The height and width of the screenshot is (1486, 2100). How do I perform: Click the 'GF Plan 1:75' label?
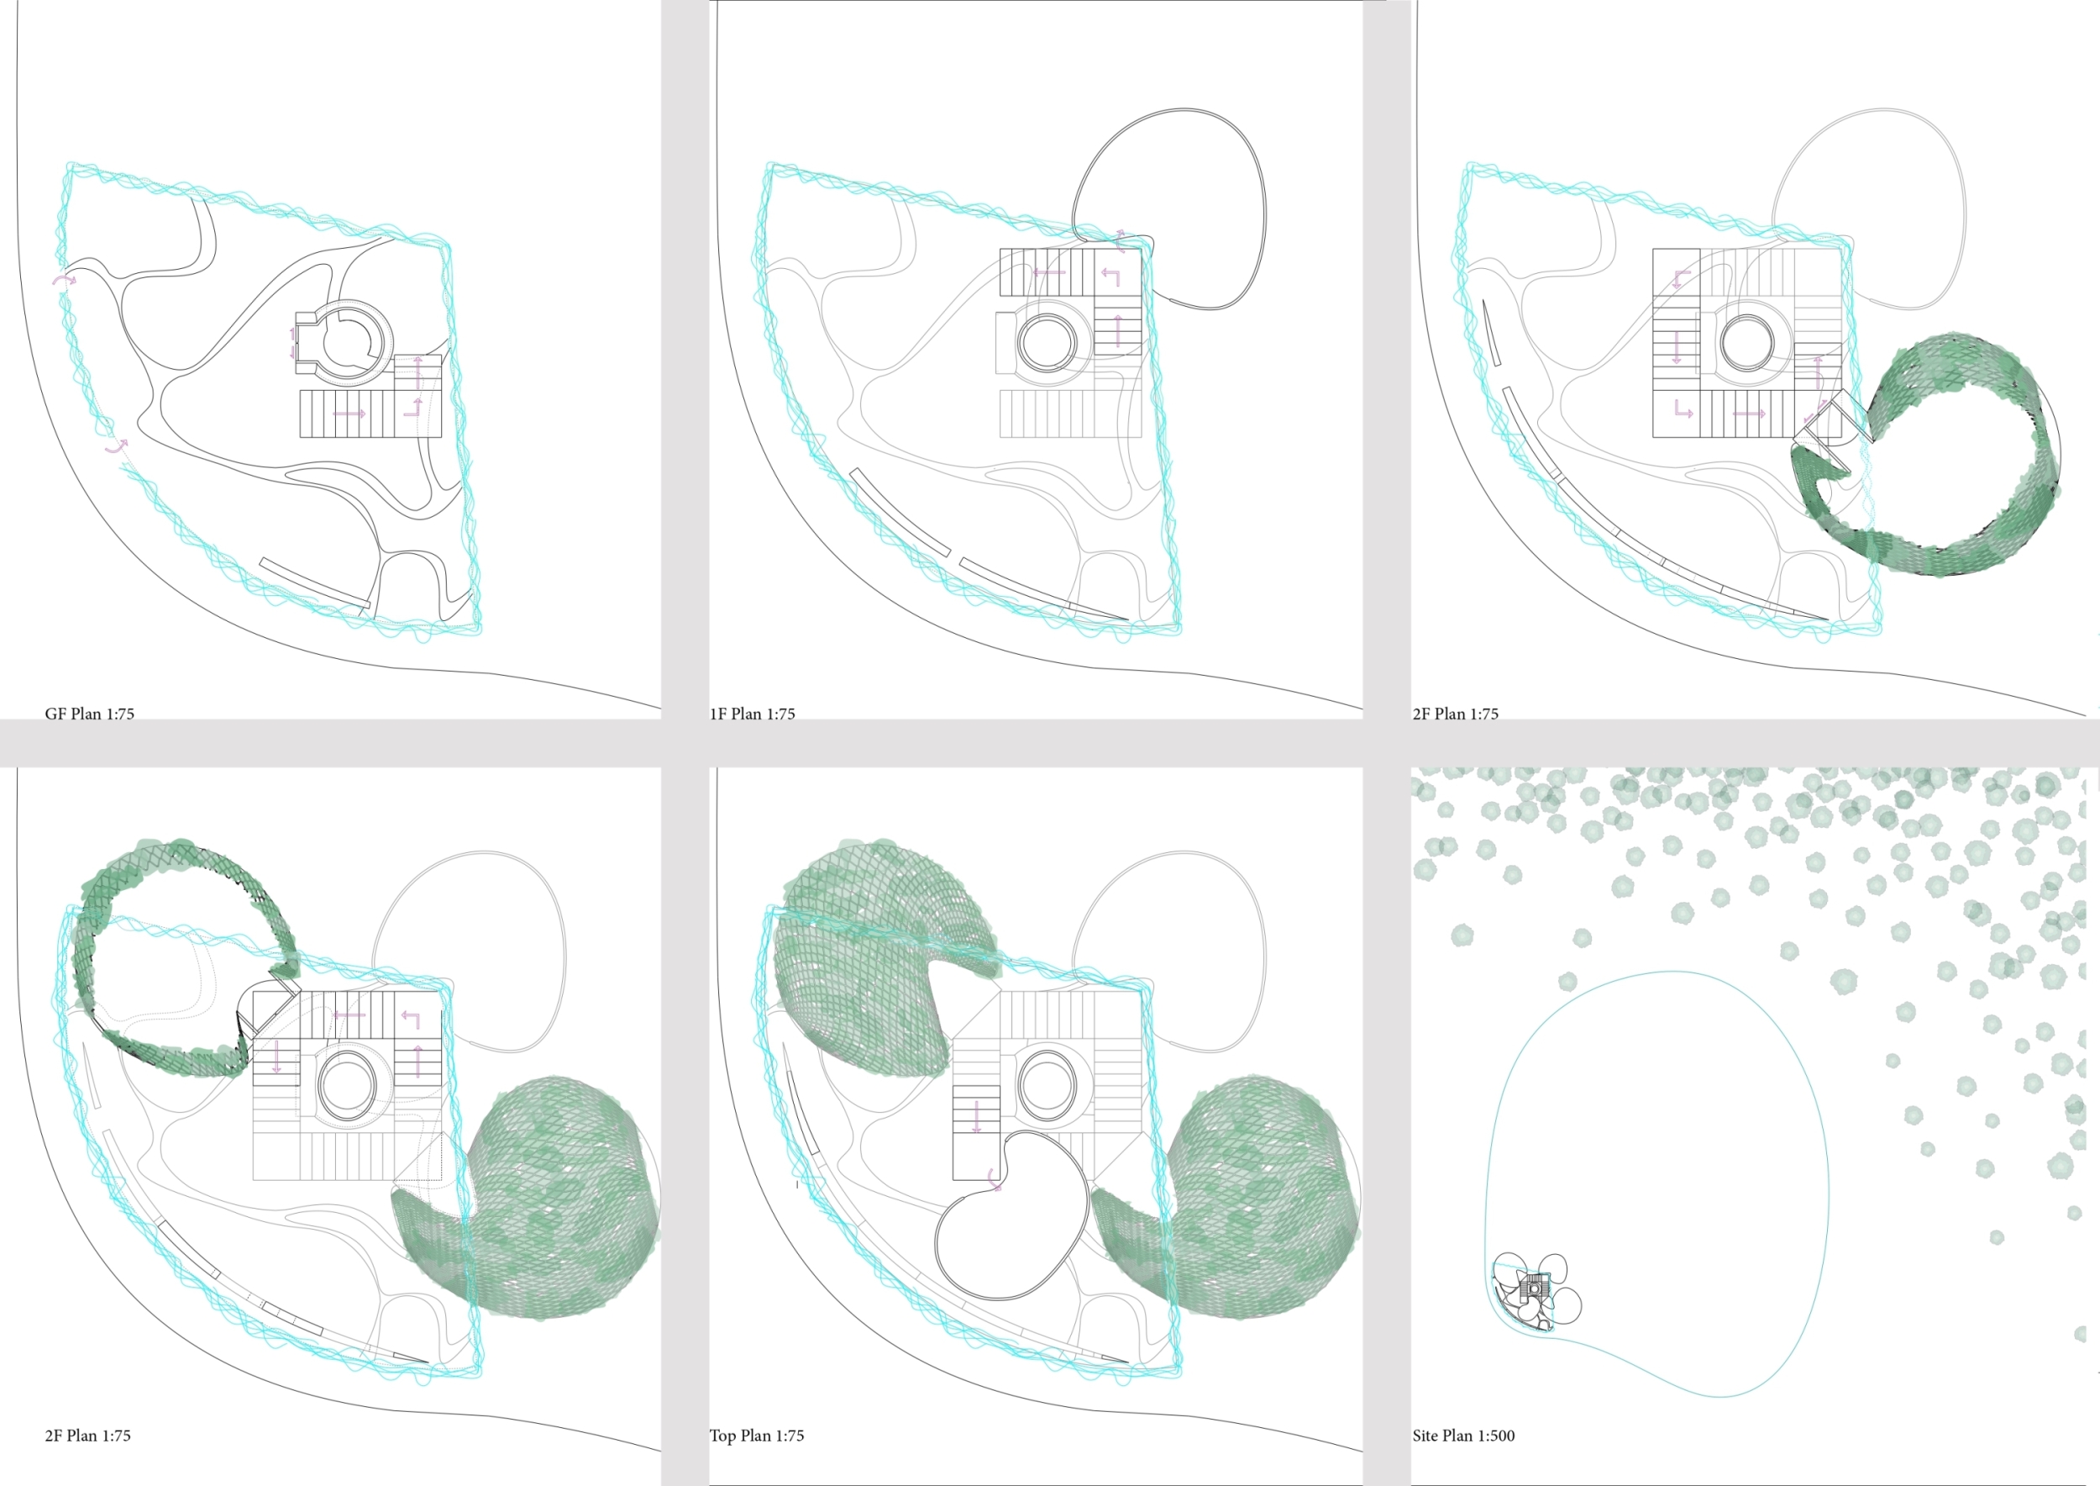[90, 714]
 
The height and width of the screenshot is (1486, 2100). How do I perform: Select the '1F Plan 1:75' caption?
[753, 714]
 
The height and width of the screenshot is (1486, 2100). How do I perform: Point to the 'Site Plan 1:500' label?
[1463, 1436]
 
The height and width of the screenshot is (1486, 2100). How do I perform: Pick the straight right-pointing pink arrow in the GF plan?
[349, 414]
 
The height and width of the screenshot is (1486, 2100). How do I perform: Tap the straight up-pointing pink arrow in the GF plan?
[418, 372]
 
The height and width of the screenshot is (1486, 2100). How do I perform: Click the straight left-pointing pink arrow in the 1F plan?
[1049, 271]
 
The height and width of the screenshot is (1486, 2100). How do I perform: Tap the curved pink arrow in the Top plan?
[995, 1180]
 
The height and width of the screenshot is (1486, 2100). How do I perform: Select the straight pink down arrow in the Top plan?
[977, 1116]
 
